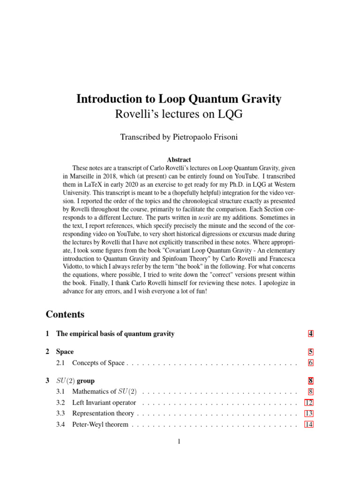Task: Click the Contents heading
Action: [65, 314]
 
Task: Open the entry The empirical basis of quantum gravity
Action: [115, 334]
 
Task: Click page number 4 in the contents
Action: [310, 334]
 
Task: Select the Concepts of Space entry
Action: [98, 363]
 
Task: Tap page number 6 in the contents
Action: [310, 363]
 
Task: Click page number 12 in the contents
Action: [309, 403]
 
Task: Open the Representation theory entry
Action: [103, 413]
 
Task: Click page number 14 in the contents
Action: [309, 425]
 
